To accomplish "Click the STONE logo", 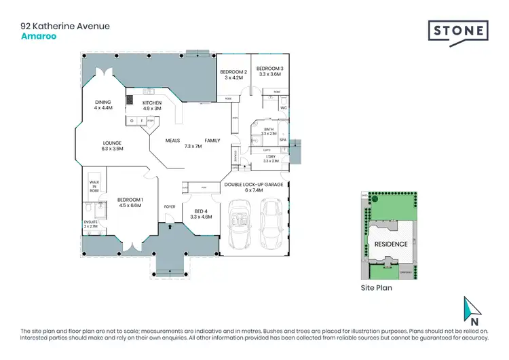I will pyautogui.click(x=457, y=31).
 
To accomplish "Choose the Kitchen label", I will pyautogui.click(x=151, y=105).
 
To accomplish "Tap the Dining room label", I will pyautogui.click(x=102, y=105).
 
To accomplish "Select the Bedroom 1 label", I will pyautogui.click(x=130, y=202).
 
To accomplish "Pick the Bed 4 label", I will pyautogui.click(x=202, y=214).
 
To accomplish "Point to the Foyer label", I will pyautogui.click(x=170, y=206).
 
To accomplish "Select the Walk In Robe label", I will pyautogui.click(x=95, y=187).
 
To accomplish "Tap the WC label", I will pyautogui.click(x=284, y=107).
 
